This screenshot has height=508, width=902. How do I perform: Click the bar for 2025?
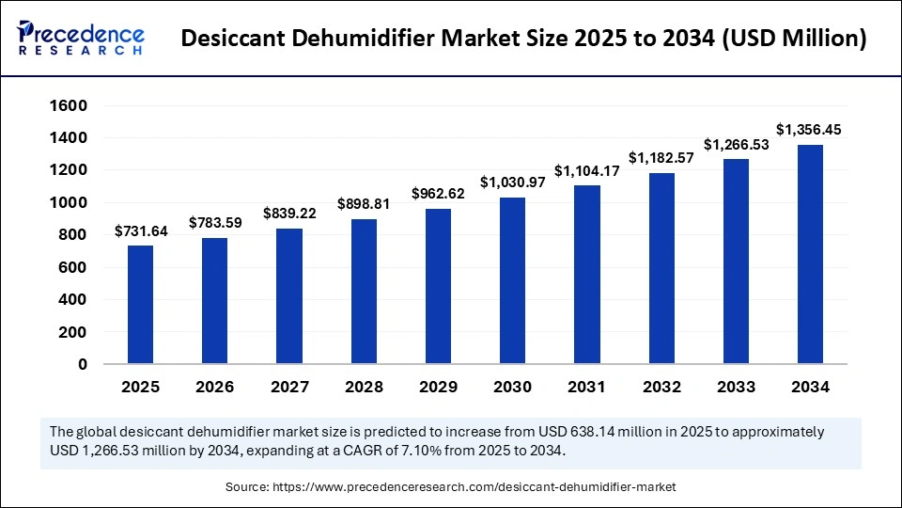pos(140,305)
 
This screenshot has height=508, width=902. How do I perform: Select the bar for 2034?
pos(811,254)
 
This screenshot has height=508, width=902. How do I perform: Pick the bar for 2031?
pos(587,275)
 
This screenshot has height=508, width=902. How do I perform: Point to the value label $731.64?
pos(141,230)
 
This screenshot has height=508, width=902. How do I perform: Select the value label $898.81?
pos(364,203)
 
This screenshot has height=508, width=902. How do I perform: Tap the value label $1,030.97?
pos(512,182)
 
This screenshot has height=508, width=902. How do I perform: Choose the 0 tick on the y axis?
pos(83,364)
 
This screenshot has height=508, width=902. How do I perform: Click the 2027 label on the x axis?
pos(289,387)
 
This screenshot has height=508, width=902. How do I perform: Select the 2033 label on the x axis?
pos(736,387)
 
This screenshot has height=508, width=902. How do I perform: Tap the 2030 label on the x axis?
pos(512,387)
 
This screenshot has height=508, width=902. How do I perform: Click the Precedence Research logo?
pos(81,38)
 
